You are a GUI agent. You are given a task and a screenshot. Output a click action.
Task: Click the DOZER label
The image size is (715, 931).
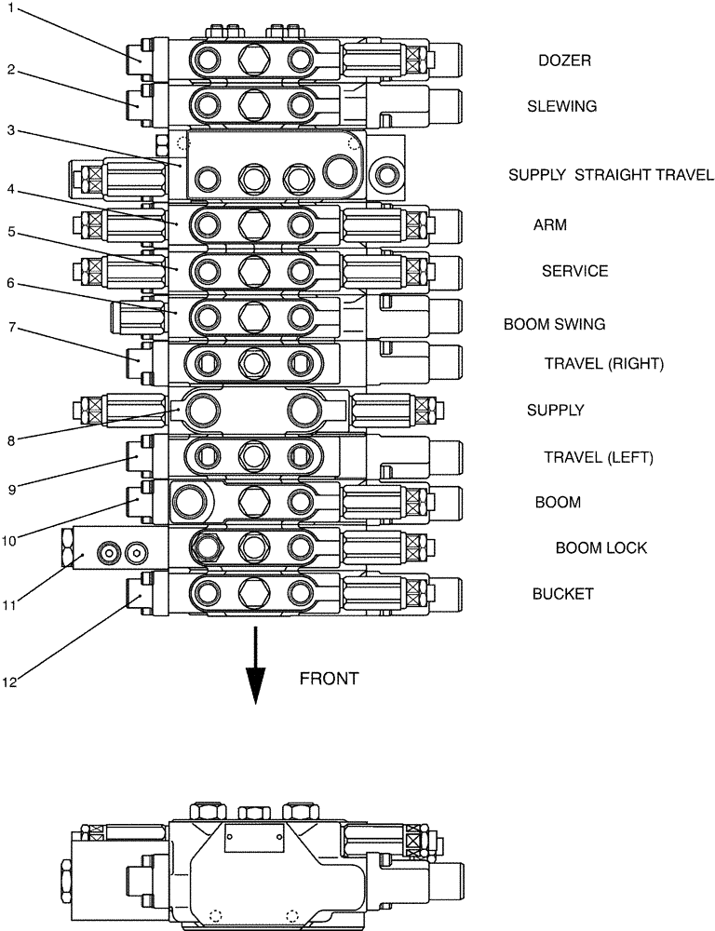564,61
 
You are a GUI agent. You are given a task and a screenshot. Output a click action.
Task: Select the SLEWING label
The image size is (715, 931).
561,106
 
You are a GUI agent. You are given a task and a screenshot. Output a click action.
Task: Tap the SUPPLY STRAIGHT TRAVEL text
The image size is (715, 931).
611,175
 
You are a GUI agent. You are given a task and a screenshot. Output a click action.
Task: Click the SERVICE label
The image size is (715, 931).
574,271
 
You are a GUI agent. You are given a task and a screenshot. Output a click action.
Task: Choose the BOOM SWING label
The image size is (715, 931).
554,324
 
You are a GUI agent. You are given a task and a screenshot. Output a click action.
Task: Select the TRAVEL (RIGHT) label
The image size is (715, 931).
603,364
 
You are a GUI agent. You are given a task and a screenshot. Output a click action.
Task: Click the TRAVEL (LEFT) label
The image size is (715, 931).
599,457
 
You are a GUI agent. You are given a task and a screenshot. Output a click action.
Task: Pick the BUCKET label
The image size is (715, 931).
562,594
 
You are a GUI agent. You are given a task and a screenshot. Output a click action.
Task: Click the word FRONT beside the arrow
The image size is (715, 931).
329,679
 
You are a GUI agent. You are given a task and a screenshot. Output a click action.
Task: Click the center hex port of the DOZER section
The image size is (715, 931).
252,61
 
